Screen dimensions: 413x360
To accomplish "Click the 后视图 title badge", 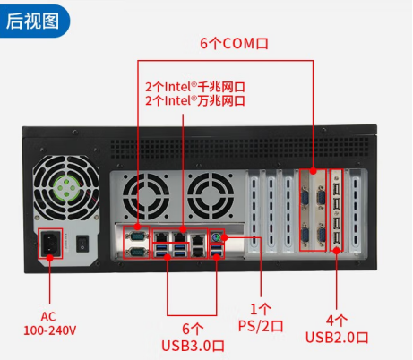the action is [x=33, y=21].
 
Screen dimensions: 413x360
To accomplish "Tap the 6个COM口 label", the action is [x=234, y=44].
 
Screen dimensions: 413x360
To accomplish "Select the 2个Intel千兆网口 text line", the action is [x=195, y=87].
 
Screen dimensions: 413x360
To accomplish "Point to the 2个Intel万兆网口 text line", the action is [x=195, y=100].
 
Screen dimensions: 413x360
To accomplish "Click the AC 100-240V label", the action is [x=49, y=323].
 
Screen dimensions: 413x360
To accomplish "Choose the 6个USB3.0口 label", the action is [x=193, y=338].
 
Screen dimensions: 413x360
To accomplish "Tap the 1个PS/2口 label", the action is [x=261, y=318].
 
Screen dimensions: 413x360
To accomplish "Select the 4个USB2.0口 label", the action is [x=337, y=329].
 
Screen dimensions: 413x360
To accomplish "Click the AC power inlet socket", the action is [x=50, y=243].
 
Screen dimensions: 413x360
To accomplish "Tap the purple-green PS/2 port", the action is [x=216, y=237].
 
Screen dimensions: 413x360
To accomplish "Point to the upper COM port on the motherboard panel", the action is [x=136, y=236].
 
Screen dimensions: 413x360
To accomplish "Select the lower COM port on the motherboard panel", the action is [x=136, y=253].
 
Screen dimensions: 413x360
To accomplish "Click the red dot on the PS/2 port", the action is [x=225, y=237].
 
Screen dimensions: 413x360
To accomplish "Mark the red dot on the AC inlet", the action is [x=50, y=257].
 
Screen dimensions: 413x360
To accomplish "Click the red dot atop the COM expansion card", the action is [x=313, y=171].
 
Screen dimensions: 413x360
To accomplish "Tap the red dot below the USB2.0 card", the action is [x=337, y=251].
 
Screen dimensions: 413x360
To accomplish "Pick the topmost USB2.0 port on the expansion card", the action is [x=337, y=189].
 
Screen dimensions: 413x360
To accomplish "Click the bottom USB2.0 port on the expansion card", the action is [x=337, y=238].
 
